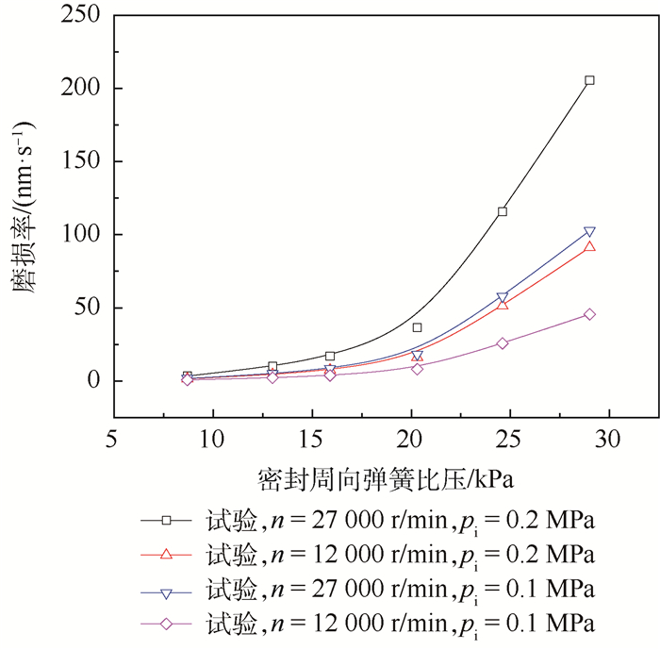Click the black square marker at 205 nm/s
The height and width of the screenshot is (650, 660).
tap(589, 80)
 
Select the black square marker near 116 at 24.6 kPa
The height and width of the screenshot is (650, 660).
tap(503, 211)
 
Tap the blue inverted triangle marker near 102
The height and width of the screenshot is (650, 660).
tap(589, 232)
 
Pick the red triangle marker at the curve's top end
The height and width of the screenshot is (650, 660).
tap(589, 246)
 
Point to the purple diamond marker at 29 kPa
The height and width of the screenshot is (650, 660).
tap(589, 314)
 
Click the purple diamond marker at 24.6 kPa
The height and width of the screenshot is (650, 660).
tap(503, 343)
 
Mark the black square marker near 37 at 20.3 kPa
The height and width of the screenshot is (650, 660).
tap(417, 327)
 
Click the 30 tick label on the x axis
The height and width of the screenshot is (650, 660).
tap(609, 440)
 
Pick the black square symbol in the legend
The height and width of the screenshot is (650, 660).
tap(166, 519)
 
